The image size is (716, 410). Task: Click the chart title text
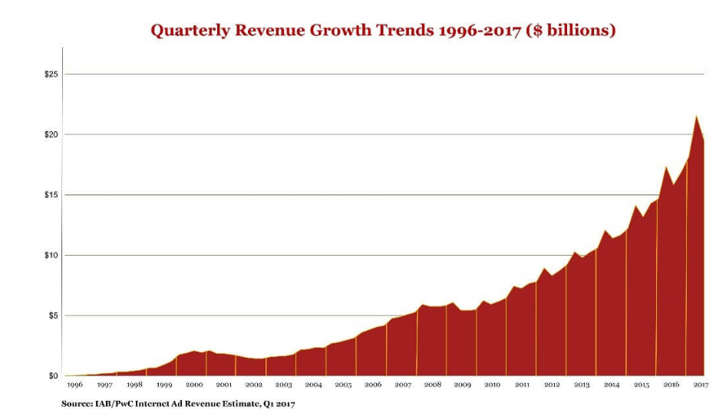coord(383,31)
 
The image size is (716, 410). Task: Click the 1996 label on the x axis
coord(75,385)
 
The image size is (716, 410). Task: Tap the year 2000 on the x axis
coord(194,385)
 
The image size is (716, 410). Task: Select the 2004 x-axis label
coord(313,385)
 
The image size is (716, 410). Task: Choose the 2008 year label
coord(433,385)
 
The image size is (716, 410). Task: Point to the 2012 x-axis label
coord(552,385)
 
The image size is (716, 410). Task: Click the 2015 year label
coord(642,385)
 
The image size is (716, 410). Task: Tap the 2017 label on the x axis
coord(701,385)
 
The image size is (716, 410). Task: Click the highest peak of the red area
coord(696,117)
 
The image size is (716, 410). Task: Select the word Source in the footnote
coord(78,402)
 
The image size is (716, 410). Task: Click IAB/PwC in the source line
coord(117,402)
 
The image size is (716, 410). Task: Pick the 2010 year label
coord(492,385)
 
